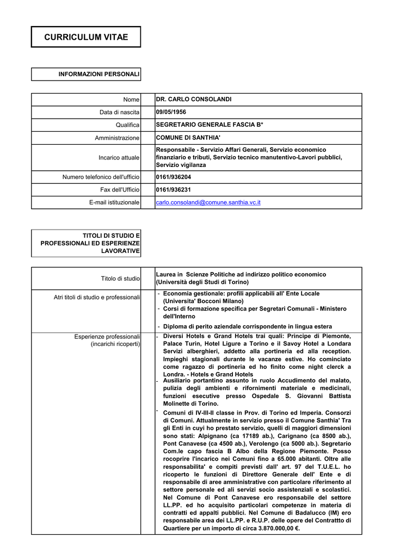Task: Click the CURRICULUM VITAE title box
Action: (86, 37)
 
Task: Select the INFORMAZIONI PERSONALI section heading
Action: (99, 74)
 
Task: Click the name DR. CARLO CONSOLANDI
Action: (194, 100)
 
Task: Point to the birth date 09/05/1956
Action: (171, 113)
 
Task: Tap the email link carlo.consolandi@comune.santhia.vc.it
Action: (208, 202)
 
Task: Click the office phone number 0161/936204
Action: (174, 177)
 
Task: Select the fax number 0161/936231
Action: (174, 190)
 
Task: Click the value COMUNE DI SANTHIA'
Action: (188, 138)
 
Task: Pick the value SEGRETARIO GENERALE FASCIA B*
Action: (210, 125)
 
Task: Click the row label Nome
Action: (131, 100)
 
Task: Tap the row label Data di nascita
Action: (119, 113)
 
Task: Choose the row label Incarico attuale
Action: (119, 158)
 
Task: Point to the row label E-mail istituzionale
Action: (114, 203)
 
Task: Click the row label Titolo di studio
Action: (120, 278)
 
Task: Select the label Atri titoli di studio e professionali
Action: (97, 297)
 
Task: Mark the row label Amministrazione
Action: (117, 138)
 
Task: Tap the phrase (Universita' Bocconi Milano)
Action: (204, 301)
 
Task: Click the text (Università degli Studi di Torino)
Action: (202, 282)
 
